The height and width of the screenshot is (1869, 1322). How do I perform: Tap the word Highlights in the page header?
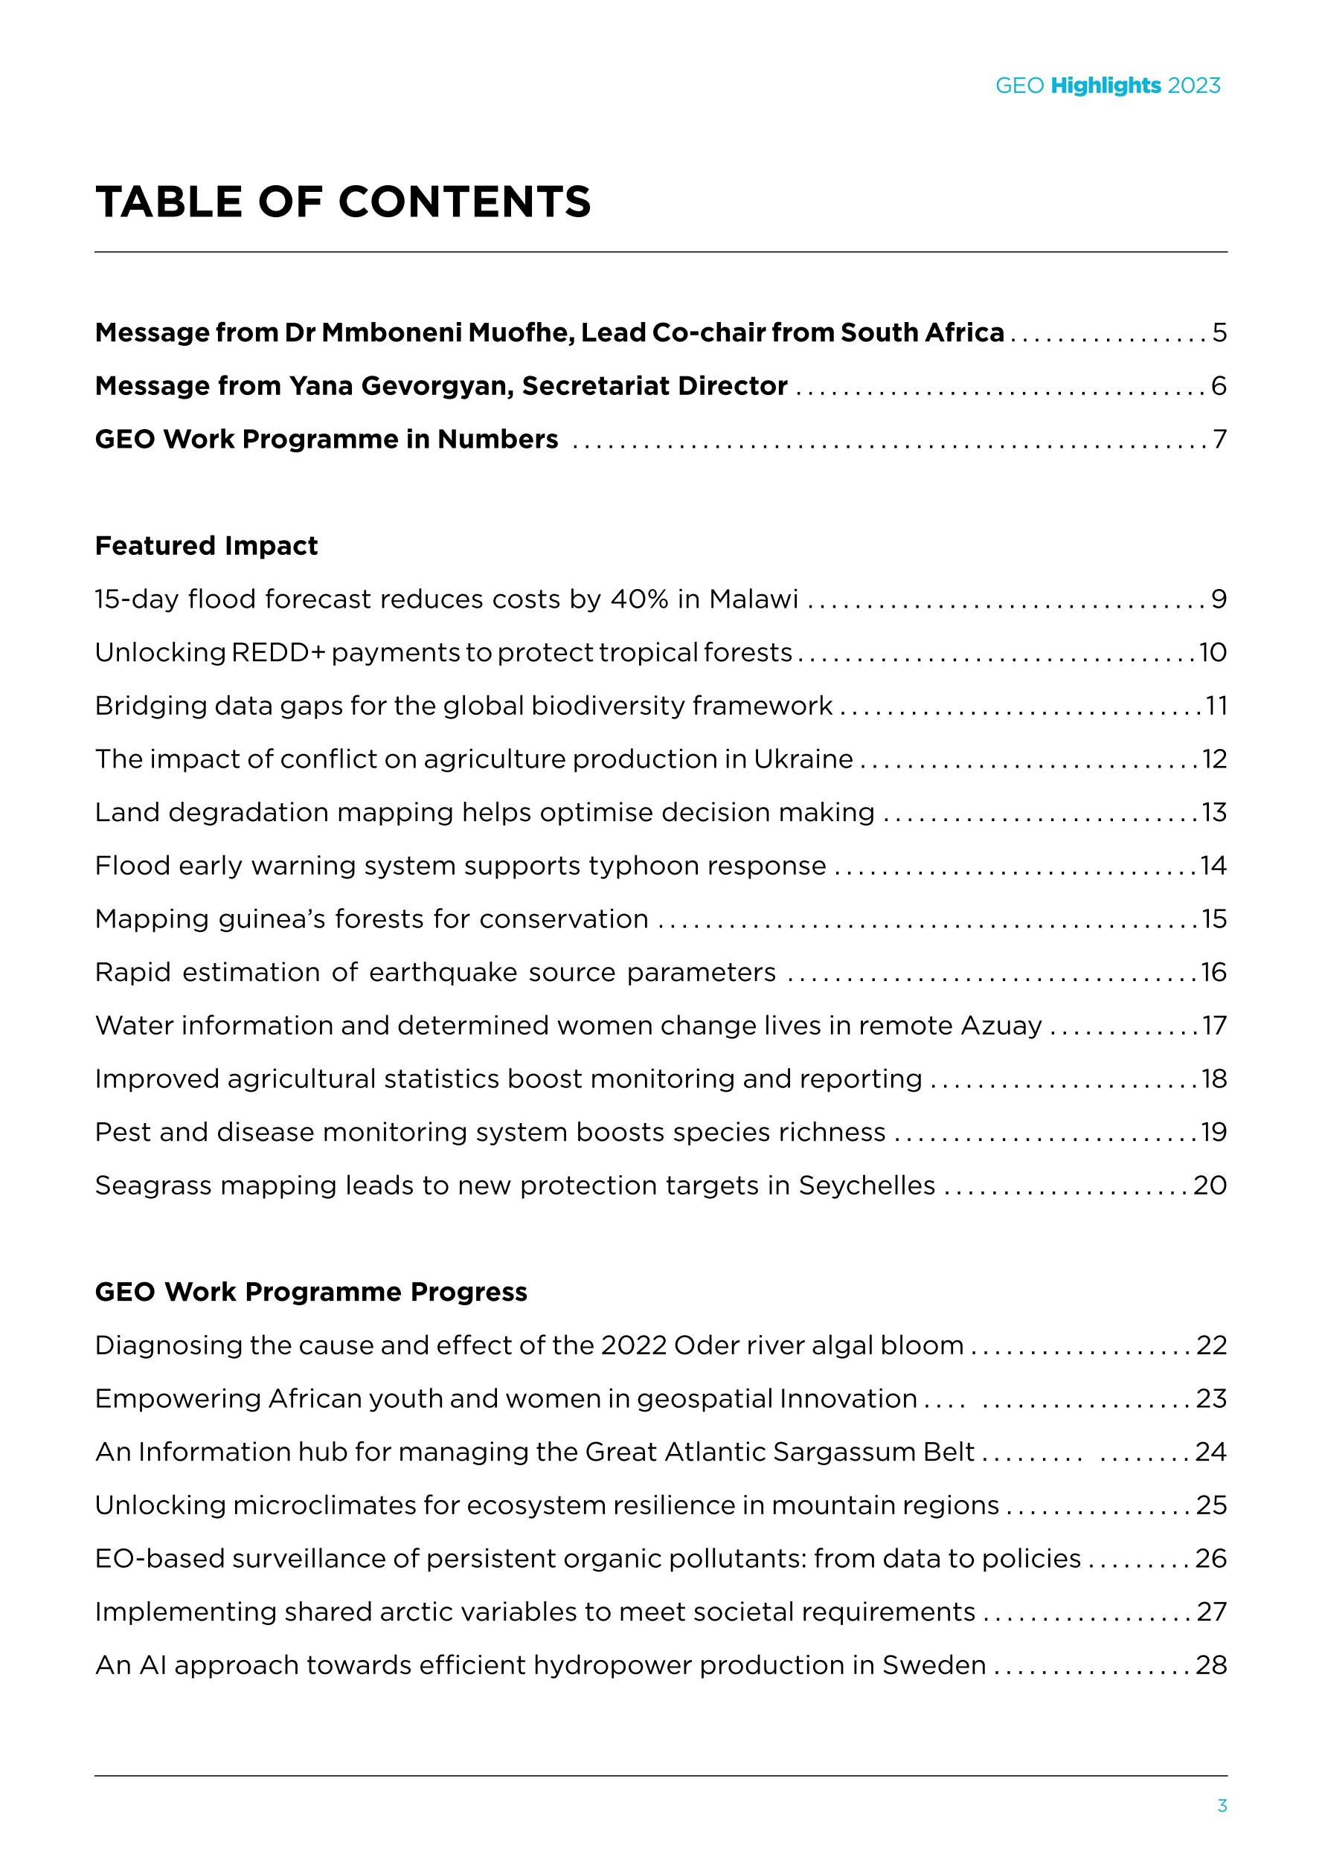[x=1106, y=86]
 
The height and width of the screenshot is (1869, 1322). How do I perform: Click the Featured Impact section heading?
[x=206, y=545]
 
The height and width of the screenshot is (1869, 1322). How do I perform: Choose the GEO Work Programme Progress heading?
[x=311, y=1292]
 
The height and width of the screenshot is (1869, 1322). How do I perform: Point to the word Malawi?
[x=753, y=599]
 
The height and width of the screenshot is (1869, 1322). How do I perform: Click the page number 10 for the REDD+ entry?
[x=1213, y=653]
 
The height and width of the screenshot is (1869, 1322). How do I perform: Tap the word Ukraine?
[x=803, y=759]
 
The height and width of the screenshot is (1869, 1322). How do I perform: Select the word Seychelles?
[x=866, y=1186]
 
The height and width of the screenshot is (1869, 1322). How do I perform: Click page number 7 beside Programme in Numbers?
[x=1219, y=440]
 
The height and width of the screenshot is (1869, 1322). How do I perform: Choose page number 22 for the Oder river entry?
[x=1211, y=1345]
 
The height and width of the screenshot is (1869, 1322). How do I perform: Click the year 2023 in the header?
[x=1194, y=86]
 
